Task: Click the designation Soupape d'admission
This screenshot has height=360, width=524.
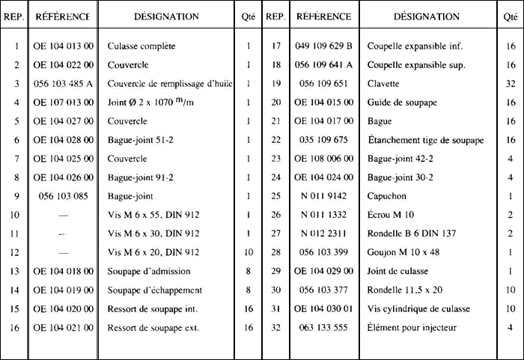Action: pos(149,270)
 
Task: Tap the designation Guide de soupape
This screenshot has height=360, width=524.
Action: pos(401,102)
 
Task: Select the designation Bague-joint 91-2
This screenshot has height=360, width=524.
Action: pos(141,177)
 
